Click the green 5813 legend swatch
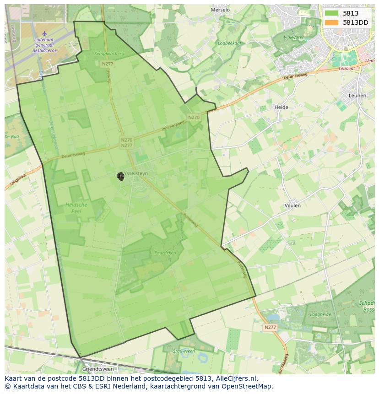pyautogui.click(x=331, y=13)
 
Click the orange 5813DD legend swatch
pyautogui.click(x=331, y=22)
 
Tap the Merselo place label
pyautogui.click(x=220, y=10)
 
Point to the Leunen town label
pyautogui.click(x=357, y=96)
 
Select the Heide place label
pyautogui.click(x=281, y=107)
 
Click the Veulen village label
pyautogui.click(x=292, y=205)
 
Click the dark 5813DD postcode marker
pyautogui.click(x=121, y=176)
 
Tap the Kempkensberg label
pyautogui.click(x=109, y=54)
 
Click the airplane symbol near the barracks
pyautogui.click(x=44, y=33)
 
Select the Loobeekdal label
pyautogui.click(x=229, y=43)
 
